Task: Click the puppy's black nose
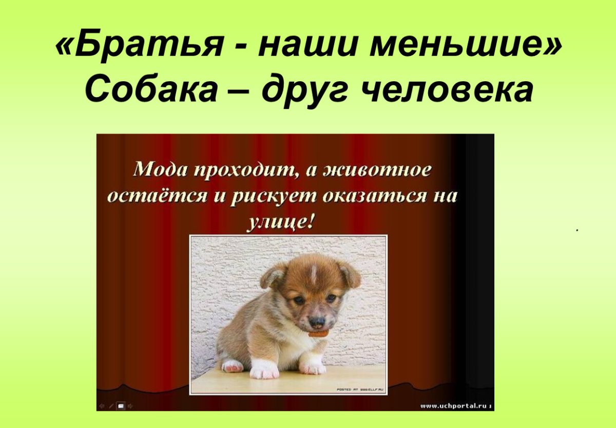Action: [x=317, y=322]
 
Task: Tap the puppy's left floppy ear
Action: [x=273, y=276]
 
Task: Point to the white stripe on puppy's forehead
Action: [x=313, y=275]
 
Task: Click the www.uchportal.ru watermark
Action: [x=454, y=406]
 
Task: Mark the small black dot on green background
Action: [x=577, y=231]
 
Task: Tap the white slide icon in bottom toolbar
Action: [x=121, y=406]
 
